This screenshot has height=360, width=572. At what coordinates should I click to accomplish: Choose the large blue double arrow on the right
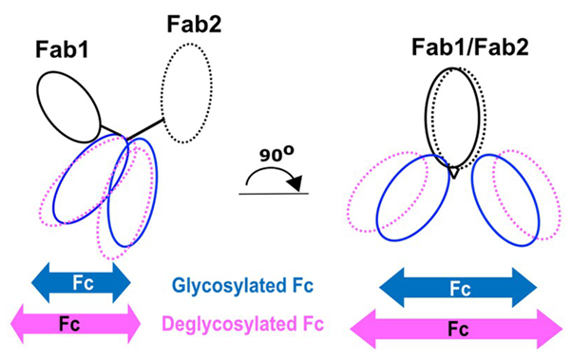click(457, 285)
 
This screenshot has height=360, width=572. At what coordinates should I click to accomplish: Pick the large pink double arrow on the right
click(456, 329)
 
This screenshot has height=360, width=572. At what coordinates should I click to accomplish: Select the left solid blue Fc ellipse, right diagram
click(410, 199)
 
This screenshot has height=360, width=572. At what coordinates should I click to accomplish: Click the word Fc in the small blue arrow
click(81, 282)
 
